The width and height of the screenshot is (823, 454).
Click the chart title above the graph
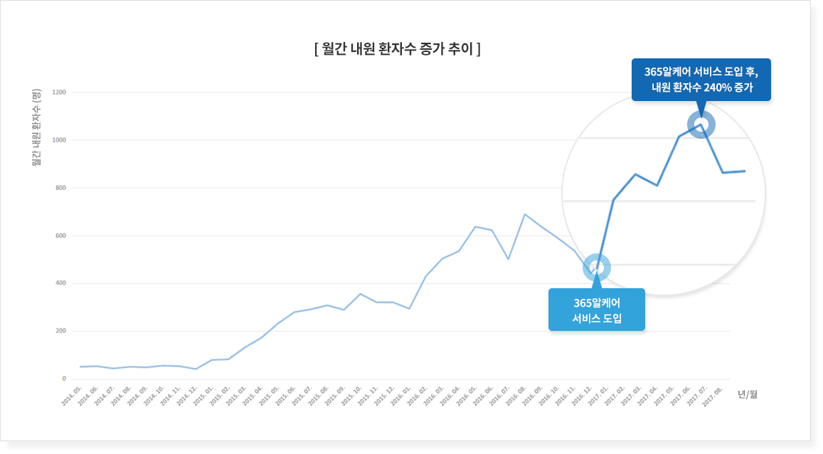point(397,49)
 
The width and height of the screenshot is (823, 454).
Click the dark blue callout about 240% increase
point(701,80)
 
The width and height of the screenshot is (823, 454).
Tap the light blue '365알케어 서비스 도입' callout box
point(596,310)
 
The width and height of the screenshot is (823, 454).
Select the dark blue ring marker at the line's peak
point(701,125)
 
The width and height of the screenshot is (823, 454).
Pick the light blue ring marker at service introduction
point(597,268)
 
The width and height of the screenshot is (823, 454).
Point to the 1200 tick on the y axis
point(59,93)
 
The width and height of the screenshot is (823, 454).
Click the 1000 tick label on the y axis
point(59,140)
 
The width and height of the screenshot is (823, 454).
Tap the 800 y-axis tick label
point(61,188)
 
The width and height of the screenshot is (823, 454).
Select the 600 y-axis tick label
point(61,236)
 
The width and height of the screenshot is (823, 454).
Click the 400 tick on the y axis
point(61,283)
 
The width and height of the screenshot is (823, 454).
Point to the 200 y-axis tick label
point(61,331)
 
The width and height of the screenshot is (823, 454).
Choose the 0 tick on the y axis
point(64,379)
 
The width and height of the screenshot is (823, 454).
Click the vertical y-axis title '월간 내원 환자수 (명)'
point(37,128)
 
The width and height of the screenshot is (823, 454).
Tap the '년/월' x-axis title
point(748,394)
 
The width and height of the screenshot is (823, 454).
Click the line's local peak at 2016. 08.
point(525,214)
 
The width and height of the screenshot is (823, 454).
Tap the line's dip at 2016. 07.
point(508,259)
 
